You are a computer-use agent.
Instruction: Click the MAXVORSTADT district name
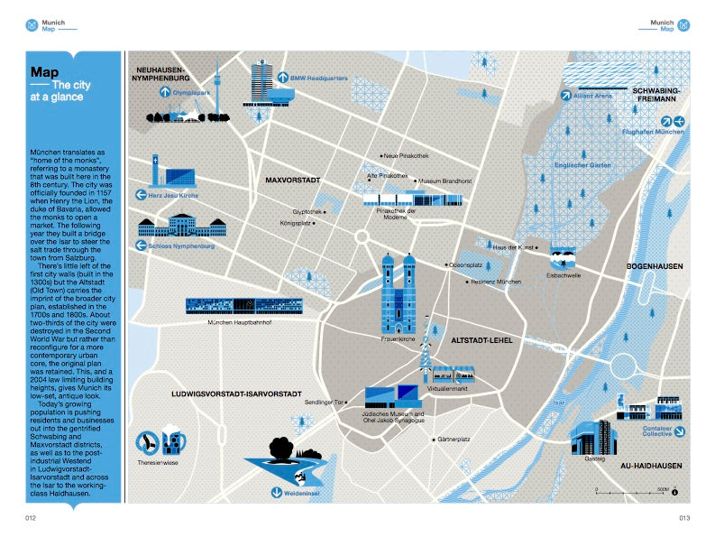click(x=293, y=181)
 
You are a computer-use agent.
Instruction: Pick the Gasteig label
click(x=594, y=459)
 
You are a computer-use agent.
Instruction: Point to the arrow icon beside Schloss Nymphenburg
click(x=140, y=245)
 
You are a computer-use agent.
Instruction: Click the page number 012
click(x=30, y=518)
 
